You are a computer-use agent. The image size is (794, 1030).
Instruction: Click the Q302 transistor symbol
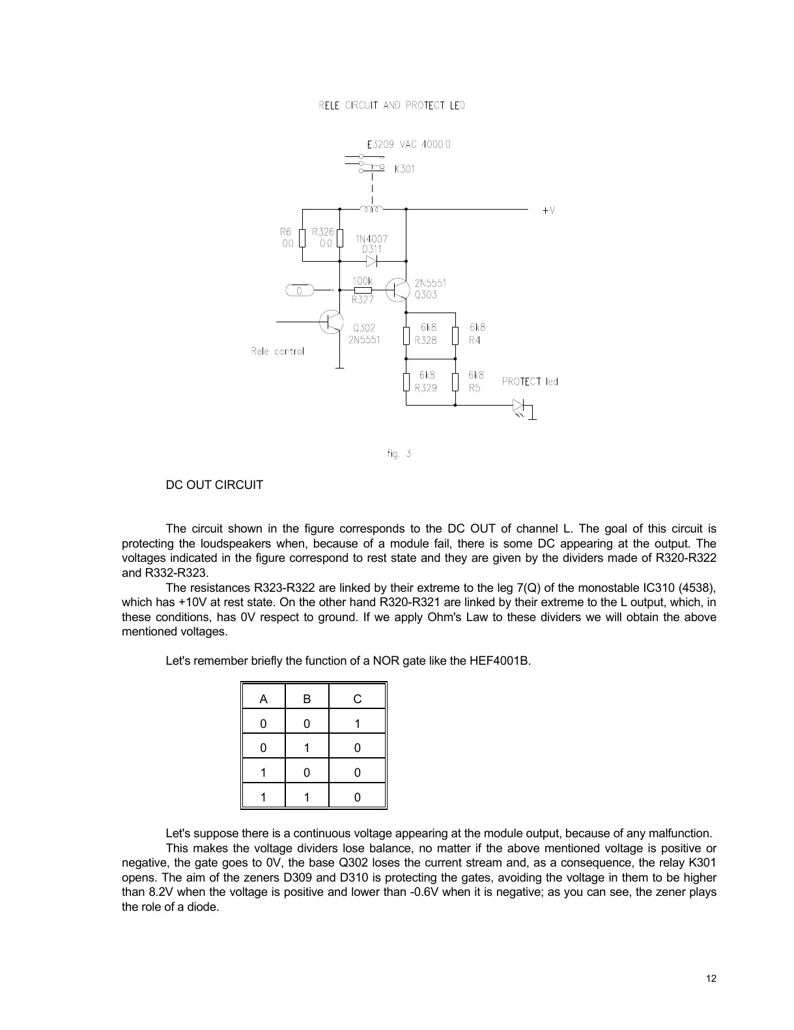click(332, 322)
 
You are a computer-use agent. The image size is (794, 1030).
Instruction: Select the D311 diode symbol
click(372, 261)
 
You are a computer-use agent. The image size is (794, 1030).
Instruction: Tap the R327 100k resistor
click(362, 290)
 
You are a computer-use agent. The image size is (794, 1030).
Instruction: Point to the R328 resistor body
click(406, 336)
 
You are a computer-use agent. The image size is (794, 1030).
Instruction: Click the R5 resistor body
click(455, 382)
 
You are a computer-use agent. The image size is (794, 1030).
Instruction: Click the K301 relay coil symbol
click(372, 209)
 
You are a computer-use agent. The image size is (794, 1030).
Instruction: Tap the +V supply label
click(548, 210)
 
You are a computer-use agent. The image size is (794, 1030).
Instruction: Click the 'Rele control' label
click(277, 352)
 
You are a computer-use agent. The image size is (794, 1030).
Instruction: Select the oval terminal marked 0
click(299, 290)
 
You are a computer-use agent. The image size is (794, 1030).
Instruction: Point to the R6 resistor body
click(302, 238)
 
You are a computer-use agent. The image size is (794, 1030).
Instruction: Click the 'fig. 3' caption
click(399, 454)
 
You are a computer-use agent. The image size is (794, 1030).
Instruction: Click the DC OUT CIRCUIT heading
click(214, 485)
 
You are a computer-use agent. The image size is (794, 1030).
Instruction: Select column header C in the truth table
click(357, 699)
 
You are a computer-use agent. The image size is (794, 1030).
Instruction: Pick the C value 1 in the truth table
click(357, 723)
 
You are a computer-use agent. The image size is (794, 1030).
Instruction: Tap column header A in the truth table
click(263, 699)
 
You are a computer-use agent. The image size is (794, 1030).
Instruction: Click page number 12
click(711, 979)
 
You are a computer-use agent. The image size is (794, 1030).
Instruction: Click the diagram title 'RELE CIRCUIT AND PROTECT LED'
click(391, 105)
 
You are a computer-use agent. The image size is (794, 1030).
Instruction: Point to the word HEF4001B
click(499, 661)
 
